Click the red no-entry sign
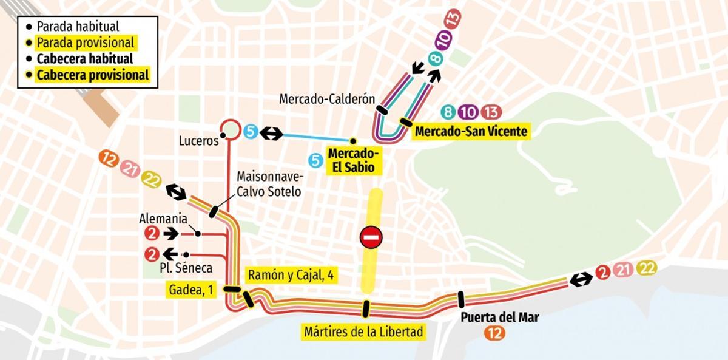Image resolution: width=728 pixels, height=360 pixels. click(371, 237)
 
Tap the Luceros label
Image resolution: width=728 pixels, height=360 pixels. click(198, 141)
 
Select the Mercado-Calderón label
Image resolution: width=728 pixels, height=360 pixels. click(327, 99)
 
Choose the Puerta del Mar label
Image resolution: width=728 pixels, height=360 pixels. click(491, 317)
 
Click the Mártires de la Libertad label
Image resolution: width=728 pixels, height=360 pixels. click(363, 332)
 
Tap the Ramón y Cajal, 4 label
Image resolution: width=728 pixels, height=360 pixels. click(291, 275)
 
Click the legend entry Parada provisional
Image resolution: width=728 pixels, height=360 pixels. click(85, 43)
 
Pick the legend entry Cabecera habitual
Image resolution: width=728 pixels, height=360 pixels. click(84, 59)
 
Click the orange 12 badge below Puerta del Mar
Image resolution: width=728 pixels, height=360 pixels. click(493, 332)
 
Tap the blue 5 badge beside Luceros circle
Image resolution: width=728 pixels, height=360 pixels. click(250, 131)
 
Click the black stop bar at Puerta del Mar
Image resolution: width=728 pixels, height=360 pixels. click(460, 300)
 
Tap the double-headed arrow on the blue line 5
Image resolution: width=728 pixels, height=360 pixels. click(271, 132)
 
